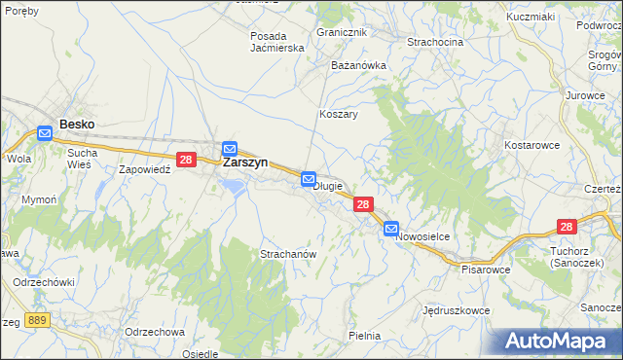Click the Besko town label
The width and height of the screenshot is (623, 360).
pos(76,124)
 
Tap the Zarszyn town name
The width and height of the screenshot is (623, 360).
pos(245,162)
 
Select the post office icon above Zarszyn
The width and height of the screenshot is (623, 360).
pos(230,149)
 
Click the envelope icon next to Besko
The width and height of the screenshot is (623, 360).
pos(45,133)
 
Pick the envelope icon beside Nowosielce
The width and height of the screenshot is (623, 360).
pos(391,230)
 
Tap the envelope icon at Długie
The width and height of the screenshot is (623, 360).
pos(309,179)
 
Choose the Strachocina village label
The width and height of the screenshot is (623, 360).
pos(435,42)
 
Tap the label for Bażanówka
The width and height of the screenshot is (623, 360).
pos(359,65)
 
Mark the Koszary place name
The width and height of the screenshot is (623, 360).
pos(339,114)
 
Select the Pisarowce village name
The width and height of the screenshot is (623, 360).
pos(486,269)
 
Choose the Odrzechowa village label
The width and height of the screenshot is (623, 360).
pos(155,331)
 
